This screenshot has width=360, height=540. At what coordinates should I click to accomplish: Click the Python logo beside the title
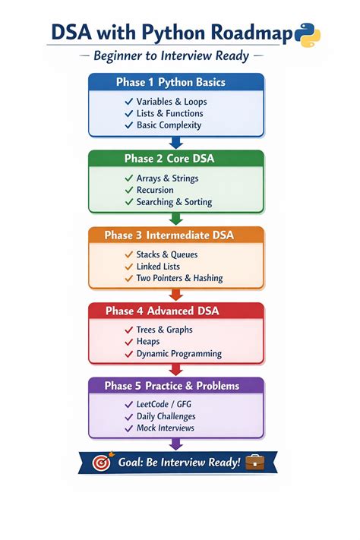click(x=308, y=35)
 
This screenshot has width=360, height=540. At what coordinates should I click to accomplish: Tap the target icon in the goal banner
click(x=103, y=462)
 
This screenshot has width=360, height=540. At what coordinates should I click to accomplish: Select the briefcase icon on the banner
click(x=255, y=463)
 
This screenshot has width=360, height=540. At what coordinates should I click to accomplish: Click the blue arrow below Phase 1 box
click(x=176, y=143)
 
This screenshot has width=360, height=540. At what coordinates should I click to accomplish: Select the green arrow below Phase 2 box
click(x=176, y=219)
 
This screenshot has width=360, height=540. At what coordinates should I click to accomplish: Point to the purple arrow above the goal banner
click(x=176, y=444)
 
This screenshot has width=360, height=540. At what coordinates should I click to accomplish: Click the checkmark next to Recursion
click(x=129, y=190)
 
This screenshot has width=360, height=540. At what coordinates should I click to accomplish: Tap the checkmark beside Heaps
click(x=129, y=342)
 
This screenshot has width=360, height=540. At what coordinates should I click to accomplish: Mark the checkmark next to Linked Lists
click(x=129, y=267)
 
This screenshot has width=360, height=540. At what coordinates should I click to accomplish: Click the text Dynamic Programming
click(x=179, y=354)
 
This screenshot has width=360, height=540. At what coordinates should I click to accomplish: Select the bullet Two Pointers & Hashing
click(x=179, y=278)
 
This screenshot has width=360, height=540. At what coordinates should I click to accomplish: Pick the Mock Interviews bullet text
click(x=166, y=428)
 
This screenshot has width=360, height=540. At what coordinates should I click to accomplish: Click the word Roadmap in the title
click(x=251, y=33)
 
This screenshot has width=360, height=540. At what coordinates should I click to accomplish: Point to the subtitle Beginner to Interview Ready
click(x=171, y=55)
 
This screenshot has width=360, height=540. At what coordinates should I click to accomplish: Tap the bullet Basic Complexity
click(x=169, y=125)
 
